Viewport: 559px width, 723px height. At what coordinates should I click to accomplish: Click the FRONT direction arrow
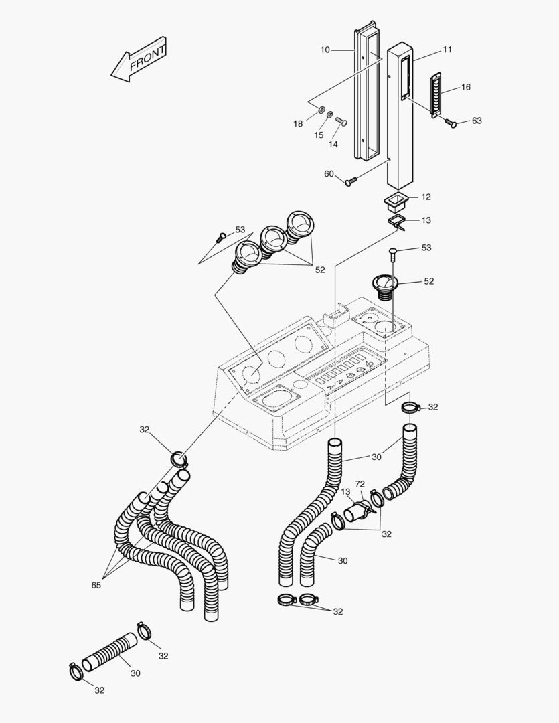click(139, 62)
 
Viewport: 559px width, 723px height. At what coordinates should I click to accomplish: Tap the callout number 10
click(325, 50)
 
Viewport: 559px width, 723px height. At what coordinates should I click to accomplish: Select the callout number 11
click(447, 50)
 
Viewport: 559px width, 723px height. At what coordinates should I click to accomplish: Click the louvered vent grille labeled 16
click(436, 96)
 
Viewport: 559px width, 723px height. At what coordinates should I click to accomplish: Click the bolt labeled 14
click(341, 121)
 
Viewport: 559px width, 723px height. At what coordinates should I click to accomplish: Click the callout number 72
click(360, 483)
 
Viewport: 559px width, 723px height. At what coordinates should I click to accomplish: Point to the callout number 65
click(96, 585)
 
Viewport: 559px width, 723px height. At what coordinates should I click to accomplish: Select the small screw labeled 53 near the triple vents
click(221, 236)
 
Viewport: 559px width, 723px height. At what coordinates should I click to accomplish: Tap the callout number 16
click(466, 87)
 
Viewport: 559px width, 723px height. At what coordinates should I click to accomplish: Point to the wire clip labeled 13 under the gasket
click(398, 222)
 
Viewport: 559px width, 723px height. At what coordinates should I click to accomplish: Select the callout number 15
click(319, 135)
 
